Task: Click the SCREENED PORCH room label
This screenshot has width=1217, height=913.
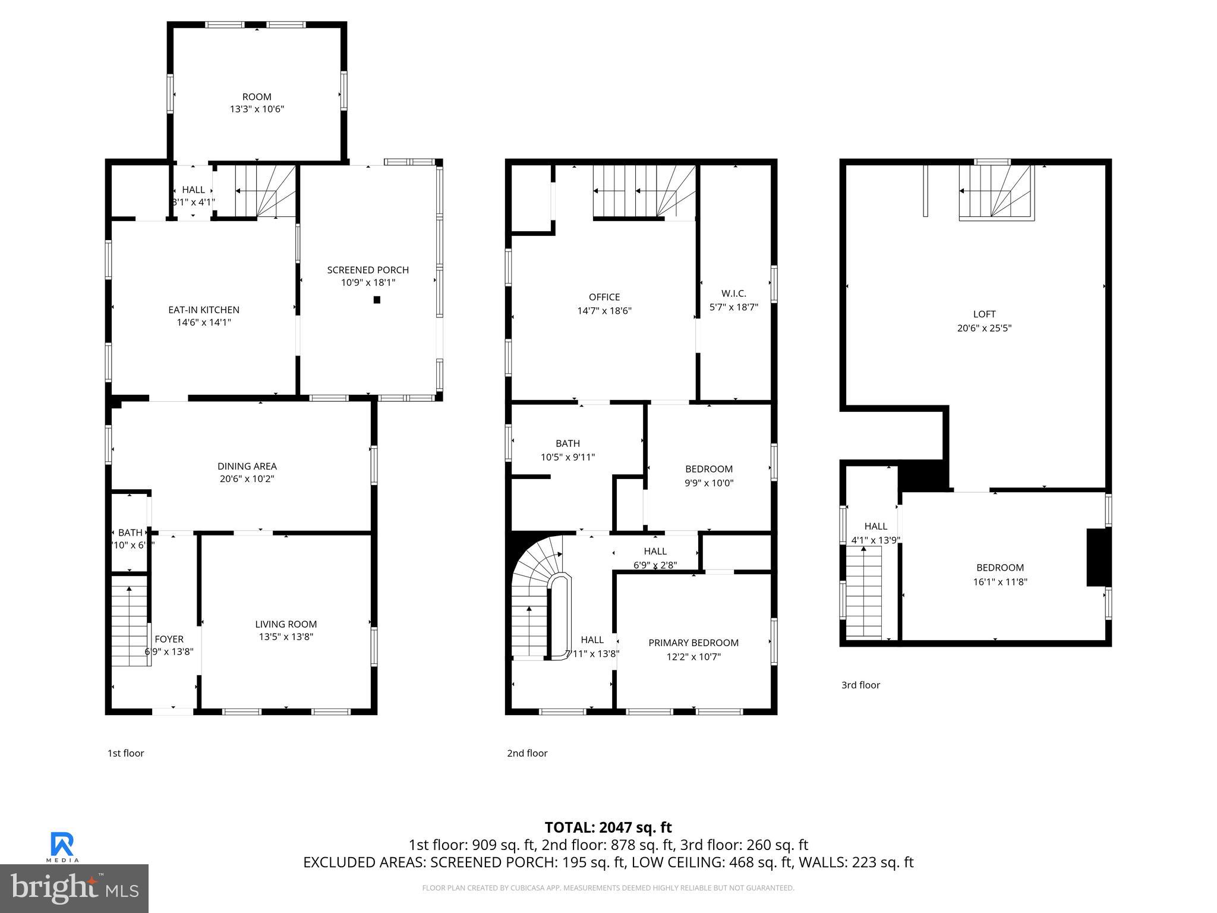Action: click(x=368, y=270)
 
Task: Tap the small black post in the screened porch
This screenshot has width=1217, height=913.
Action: click(x=377, y=300)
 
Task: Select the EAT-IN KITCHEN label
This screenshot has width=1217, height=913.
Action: click(x=204, y=310)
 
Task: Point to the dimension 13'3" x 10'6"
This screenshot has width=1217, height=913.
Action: click(x=257, y=109)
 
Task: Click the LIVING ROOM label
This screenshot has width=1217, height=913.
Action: click(x=286, y=624)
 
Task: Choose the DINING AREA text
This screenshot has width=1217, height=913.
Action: click(x=247, y=466)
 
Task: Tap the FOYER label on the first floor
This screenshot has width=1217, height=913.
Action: click(x=169, y=639)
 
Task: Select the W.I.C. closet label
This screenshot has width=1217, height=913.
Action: click(x=733, y=294)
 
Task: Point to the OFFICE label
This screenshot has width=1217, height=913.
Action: click(x=604, y=297)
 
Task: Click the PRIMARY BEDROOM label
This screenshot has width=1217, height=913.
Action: click(x=693, y=643)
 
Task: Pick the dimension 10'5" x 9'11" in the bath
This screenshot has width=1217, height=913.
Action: click(x=567, y=457)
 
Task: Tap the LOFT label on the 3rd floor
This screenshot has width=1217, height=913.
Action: click(x=984, y=314)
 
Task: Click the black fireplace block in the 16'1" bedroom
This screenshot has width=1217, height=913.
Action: click(x=1098, y=557)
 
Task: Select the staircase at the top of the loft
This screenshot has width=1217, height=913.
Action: click(x=996, y=193)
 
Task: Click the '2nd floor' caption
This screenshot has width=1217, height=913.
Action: click(x=527, y=753)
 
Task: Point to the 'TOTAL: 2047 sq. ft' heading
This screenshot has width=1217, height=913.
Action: click(x=608, y=827)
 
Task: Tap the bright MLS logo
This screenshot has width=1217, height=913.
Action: click(x=74, y=888)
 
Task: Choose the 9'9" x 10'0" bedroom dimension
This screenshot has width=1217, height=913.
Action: click(x=708, y=483)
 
